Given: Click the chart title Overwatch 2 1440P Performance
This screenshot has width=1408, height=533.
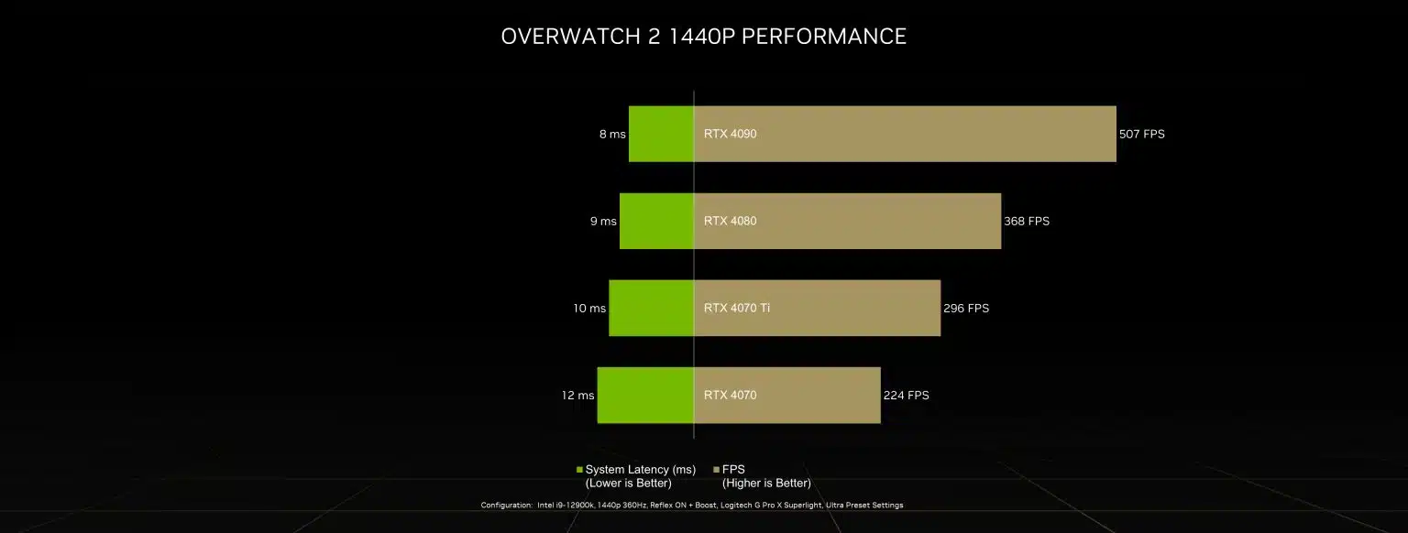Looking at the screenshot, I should (x=703, y=37).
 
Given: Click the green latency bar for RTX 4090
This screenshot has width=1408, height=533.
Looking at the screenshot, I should (x=661, y=134).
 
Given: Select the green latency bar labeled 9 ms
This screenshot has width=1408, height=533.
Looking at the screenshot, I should (x=656, y=221).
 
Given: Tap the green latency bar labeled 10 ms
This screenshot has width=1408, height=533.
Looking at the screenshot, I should (x=651, y=308).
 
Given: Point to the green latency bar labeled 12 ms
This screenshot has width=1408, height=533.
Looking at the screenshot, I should (x=645, y=395).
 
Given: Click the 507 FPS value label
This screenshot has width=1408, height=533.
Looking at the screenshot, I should (x=1141, y=134).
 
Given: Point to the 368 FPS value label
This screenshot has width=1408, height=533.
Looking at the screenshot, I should (x=1027, y=221).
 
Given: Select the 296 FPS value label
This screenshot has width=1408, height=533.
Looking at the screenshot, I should (x=966, y=308).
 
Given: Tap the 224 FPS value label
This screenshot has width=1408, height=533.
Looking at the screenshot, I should (x=906, y=395).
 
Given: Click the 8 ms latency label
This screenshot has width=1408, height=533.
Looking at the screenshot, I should (x=612, y=134).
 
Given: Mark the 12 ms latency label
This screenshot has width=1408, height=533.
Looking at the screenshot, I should (x=577, y=395).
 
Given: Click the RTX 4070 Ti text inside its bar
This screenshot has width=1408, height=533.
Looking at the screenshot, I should (x=737, y=308).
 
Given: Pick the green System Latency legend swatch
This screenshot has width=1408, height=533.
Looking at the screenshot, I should (x=579, y=470).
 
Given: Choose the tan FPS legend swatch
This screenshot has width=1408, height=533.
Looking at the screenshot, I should (x=717, y=470).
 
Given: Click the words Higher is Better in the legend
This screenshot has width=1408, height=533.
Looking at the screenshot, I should (x=766, y=483).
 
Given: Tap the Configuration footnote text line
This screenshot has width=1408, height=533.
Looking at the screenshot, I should (x=691, y=505).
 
